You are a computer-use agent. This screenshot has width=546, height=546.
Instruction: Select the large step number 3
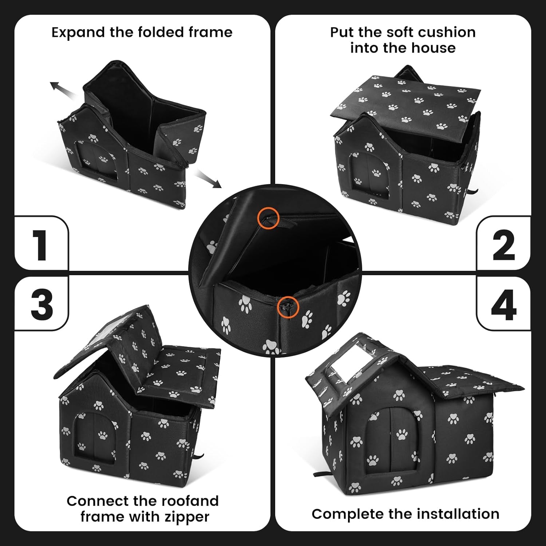[42, 304]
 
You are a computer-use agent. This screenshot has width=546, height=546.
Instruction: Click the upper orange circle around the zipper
[268, 218]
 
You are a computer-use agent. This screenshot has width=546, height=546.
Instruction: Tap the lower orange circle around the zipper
[288, 307]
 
